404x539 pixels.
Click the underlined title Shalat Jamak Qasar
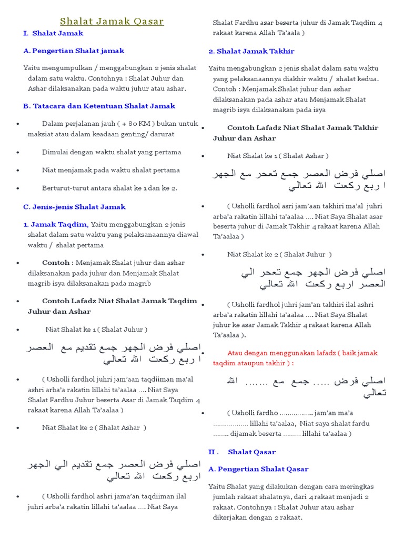pos(112,22)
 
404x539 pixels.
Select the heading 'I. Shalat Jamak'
pos(53,33)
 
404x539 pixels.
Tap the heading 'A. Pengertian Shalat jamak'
pos(74,51)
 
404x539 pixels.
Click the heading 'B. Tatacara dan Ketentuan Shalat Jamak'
pos(99,106)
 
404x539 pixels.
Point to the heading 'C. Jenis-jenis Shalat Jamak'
pos(74,207)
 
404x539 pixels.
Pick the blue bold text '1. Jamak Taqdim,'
pos(56,224)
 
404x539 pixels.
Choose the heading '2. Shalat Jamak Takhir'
pos(251,51)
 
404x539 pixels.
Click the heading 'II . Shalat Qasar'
pos(242,452)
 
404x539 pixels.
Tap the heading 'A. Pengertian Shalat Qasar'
pos(258,468)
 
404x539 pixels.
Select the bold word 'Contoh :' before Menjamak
pos(57,262)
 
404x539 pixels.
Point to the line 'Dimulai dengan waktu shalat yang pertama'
pos(112,152)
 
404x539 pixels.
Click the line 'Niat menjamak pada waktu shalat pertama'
pos(111,170)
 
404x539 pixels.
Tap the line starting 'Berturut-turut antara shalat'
pos(109,188)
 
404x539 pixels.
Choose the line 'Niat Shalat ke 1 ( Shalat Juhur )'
pos(96,330)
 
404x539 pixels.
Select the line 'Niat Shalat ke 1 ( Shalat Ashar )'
pos(278,156)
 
